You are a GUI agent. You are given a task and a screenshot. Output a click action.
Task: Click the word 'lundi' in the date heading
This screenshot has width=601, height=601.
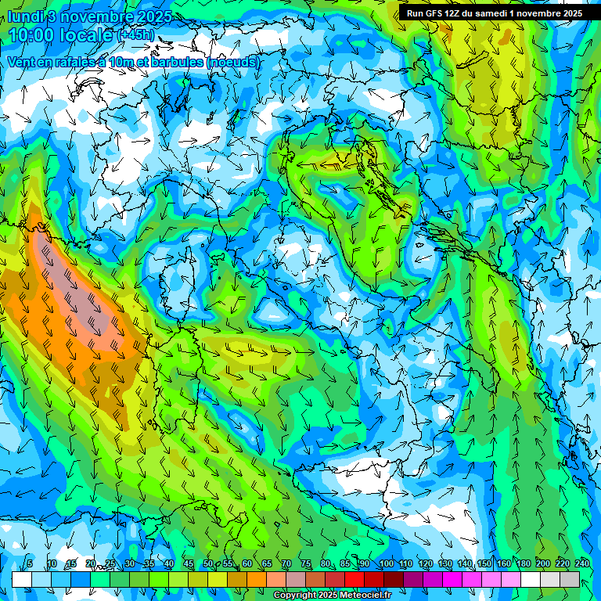tap(27, 16)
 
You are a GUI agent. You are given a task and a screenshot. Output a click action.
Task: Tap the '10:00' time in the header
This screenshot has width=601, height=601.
tap(34, 35)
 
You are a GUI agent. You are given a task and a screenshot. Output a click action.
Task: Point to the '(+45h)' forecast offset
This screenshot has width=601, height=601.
tap(135, 35)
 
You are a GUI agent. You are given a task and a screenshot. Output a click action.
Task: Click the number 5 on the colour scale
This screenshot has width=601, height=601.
tap(30, 564)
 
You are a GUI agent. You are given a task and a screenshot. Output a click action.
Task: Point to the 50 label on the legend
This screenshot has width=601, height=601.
tap(208, 564)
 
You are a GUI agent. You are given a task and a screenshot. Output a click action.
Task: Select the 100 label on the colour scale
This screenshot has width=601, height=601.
tap(386, 564)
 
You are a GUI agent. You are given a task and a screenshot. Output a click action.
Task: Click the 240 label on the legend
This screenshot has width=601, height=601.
tap(582, 564)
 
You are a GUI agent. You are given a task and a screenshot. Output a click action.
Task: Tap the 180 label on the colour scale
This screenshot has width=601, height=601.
tap(523, 564)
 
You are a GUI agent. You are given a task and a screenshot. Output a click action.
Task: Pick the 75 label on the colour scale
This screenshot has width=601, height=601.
tap(306, 564)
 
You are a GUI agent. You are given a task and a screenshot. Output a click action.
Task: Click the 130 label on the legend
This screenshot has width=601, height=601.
tap(444, 564)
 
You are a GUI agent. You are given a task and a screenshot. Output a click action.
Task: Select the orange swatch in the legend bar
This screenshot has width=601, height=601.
tap(257, 579)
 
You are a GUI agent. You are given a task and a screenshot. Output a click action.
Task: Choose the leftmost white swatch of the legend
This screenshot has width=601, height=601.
tap(21, 579)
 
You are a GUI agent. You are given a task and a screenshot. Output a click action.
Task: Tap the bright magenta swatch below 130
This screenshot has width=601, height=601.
tap(452, 579)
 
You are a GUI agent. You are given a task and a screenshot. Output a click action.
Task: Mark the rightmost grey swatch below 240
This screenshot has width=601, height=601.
tap(570, 579)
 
